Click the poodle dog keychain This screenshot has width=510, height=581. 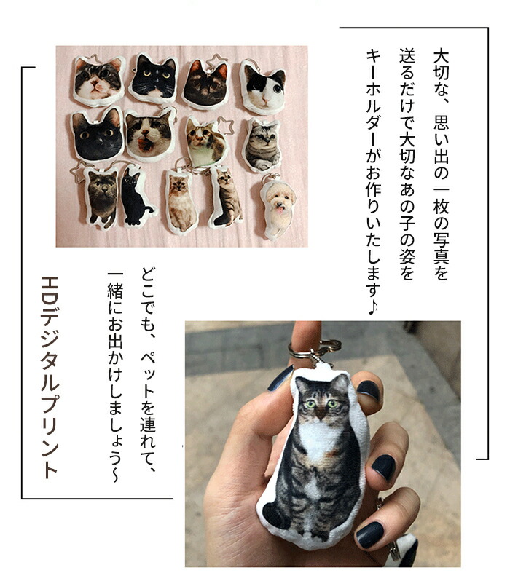(278, 209)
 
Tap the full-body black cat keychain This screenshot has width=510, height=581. (136, 197)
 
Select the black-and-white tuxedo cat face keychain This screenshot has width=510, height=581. (154, 79)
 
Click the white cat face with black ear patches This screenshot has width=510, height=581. (263, 87)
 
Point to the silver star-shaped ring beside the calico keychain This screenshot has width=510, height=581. (227, 126)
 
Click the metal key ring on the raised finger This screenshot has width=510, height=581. (314, 349)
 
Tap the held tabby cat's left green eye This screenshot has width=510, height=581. (310, 404)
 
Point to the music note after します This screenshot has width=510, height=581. (372, 307)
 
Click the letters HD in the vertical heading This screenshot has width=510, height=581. (50, 293)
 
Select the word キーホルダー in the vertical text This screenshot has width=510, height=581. (373, 98)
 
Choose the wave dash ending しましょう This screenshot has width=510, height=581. (114, 474)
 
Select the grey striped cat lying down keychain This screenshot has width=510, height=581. (263, 146)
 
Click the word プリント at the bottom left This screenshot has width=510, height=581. (50, 435)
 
